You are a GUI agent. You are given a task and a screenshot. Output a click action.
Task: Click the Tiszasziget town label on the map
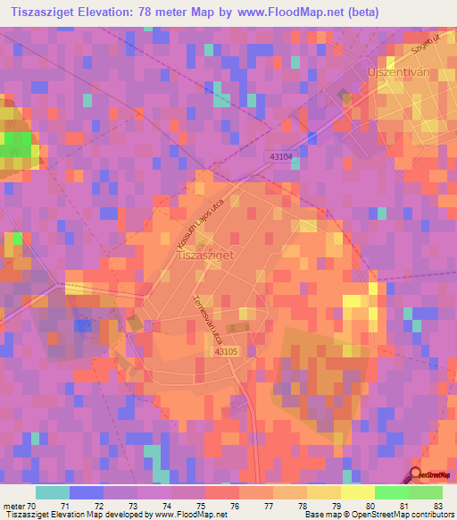pos(205,254)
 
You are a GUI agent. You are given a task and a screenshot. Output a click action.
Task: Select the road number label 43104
pos(280,156)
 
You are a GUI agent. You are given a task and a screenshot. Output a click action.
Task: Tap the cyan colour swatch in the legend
pos(52,492)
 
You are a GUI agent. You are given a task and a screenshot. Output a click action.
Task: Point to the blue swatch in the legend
pos(86,492)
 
